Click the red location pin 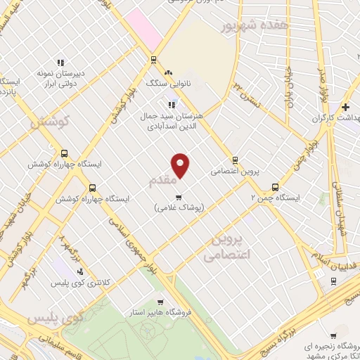tap(181, 165)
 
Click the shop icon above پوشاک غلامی tap(179, 196)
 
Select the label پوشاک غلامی tap(179, 207)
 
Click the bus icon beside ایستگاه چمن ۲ tap(275, 187)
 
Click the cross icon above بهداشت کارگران tap(345, 107)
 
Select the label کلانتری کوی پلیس tap(79, 282)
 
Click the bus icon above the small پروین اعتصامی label tap(235, 160)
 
